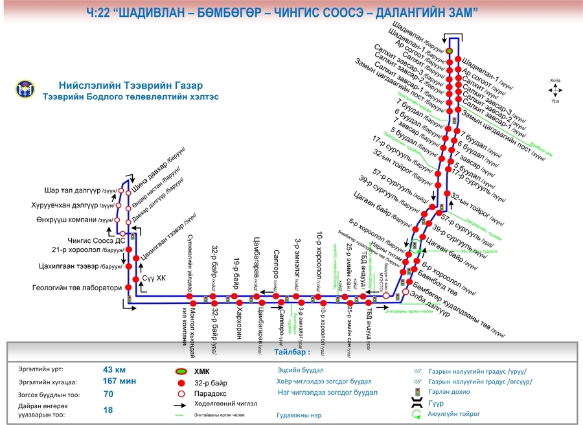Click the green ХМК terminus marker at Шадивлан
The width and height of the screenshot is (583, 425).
pyautogui.click(x=448, y=51)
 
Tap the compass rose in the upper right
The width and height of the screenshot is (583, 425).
pyautogui.click(x=555, y=91)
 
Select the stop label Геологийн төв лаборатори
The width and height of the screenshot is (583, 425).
pyautogui.click(x=77, y=288)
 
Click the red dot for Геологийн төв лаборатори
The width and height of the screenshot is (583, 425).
pyautogui.click(x=128, y=288)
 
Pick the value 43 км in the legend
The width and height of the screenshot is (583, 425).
pyautogui.click(x=115, y=369)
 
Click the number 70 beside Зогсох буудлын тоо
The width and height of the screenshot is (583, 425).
pyautogui.click(x=108, y=394)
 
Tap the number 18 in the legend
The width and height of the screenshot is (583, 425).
pyautogui.click(x=108, y=409)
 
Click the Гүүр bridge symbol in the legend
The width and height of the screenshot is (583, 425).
pyautogui.click(x=417, y=403)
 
